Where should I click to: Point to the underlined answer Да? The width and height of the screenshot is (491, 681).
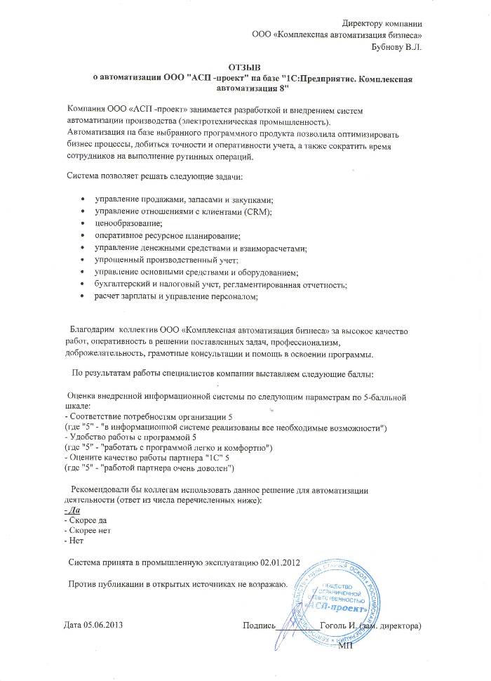(71, 510)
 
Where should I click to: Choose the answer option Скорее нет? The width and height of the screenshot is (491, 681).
(87, 531)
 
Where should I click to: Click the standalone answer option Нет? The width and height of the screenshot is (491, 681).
(73, 542)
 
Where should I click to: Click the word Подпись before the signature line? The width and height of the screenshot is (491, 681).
(258, 624)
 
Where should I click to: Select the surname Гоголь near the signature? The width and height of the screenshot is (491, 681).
(334, 624)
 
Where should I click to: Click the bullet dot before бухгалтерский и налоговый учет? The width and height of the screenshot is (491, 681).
(84, 284)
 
